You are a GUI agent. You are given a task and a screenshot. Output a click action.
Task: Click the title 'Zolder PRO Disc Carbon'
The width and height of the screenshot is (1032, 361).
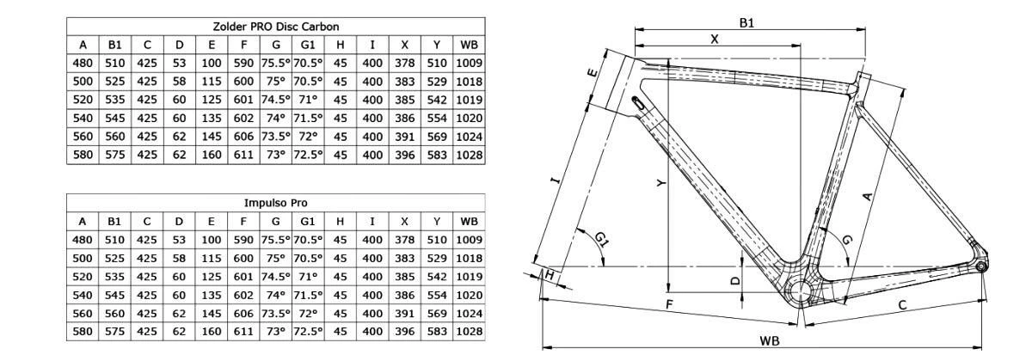coord(275,27)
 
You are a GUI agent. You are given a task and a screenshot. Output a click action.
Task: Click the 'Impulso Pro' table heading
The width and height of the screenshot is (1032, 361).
coord(275,203)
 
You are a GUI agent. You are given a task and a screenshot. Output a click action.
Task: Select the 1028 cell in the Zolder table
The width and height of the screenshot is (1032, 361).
coord(469,155)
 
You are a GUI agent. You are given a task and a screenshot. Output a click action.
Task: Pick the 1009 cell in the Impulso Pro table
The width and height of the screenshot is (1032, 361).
coord(469,240)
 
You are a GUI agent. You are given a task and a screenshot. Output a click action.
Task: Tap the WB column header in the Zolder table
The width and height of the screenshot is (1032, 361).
coord(469,45)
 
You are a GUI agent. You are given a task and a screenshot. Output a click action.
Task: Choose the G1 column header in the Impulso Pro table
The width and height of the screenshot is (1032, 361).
coord(308,221)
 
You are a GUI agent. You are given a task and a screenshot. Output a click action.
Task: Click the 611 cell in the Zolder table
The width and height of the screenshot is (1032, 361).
coord(243,155)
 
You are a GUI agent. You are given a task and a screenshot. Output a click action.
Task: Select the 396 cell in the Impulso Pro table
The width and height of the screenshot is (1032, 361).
coord(404,331)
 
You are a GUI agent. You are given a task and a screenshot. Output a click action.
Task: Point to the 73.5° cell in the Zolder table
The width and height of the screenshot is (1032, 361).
coord(275,137)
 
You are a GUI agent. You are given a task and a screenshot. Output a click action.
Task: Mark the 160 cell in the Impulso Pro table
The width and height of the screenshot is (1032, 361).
coord(211,331)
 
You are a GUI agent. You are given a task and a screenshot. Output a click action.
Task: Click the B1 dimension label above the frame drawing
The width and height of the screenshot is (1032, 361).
coord(747,22)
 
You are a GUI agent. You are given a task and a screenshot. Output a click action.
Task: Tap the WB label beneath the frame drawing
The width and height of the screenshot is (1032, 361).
coord(770,340)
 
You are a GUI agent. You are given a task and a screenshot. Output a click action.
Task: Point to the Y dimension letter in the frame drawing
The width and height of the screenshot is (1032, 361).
coord(660,182)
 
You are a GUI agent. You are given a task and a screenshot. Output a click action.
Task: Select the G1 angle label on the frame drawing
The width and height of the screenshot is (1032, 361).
coord(602,239)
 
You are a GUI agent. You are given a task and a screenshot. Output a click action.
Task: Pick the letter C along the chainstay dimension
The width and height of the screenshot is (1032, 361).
coord(903,305)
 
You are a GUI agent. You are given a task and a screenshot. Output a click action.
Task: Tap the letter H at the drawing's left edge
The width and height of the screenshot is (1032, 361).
coord(548,273)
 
